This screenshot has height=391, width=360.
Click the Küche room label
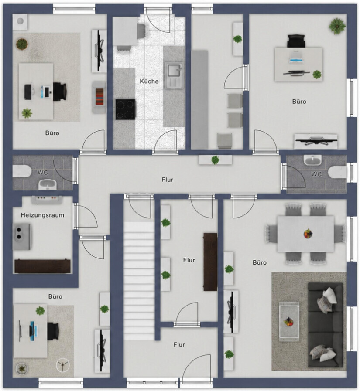(x=149, y=81)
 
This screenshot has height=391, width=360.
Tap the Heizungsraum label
(x=42, y=215)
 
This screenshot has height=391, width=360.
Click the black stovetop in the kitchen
(x=126, y=109)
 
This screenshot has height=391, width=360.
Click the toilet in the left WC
(x=21, y=171)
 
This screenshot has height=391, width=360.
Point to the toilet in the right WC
(x=338, y=172)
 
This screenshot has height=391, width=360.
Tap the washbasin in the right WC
(x=312, y=160)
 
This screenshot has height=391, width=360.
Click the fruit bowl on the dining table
(x=308, y=233)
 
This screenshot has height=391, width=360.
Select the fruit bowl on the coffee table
(x=288, y=321)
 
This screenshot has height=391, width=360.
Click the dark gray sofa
(x=325, y=325)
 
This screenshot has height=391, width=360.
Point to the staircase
(x=139, y=281)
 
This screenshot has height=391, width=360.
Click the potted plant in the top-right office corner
(x=337, y=26)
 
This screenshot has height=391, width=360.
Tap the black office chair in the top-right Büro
(x=296, y=41)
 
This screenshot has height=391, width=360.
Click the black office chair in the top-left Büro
(x=60, y=92)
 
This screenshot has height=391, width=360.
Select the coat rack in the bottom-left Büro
(x=63, y=365)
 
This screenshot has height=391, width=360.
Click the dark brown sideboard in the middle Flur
(x=210, y=262)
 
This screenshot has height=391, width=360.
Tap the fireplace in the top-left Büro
(x=99, y=97)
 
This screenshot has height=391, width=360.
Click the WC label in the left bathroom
(x=43, y=172)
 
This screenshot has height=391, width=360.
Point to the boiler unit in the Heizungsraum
(x=22, y=237)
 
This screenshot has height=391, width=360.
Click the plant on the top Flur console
(x=215, y=160)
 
